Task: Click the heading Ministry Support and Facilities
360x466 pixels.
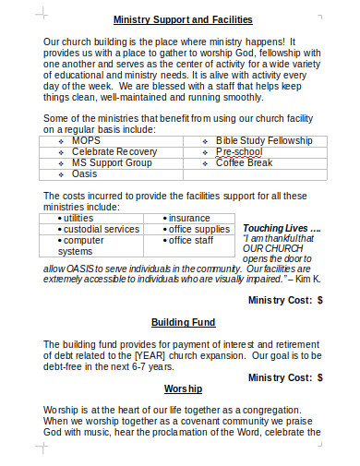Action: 182,18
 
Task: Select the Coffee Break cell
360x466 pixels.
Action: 245,162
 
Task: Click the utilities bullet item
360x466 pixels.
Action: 87,218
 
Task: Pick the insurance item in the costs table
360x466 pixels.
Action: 192,218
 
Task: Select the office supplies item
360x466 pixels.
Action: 198,229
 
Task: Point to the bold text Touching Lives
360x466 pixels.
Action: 281,228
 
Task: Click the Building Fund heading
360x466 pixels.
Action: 183,322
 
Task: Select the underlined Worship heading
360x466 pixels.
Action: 183,388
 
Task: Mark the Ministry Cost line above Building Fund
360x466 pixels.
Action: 285,300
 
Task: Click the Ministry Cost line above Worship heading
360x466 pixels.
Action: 285,377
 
